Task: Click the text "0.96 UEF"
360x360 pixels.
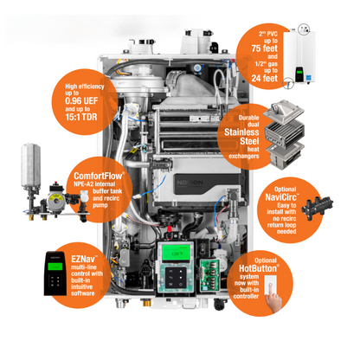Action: pos(81,101)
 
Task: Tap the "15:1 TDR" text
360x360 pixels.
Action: pos(81,117)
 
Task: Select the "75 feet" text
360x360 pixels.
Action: pos(264,48)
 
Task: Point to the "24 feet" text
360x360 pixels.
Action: pos(264,78)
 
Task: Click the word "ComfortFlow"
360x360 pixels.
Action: pos(99,176)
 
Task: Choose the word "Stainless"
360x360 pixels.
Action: pos(241,132)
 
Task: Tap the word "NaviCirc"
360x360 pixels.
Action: pos(281,197)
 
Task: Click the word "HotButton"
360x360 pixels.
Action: pos(258,268)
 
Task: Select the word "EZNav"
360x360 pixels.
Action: pos(83,259)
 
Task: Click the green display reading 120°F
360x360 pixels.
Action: pos(176,253)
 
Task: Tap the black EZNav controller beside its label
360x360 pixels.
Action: pos(55,273)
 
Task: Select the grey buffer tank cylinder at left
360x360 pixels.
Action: pos(30,165)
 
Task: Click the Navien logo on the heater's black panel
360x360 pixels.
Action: pos(190,183)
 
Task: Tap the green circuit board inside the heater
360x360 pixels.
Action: pos(209,274)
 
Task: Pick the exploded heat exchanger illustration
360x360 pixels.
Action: pos(285,135)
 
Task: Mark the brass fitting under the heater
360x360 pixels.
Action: pos(146,303)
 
